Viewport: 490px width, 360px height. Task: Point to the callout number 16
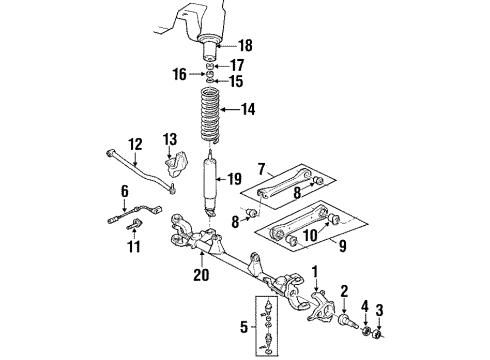click(179, 73)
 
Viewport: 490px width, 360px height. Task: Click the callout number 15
click(237, 80)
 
